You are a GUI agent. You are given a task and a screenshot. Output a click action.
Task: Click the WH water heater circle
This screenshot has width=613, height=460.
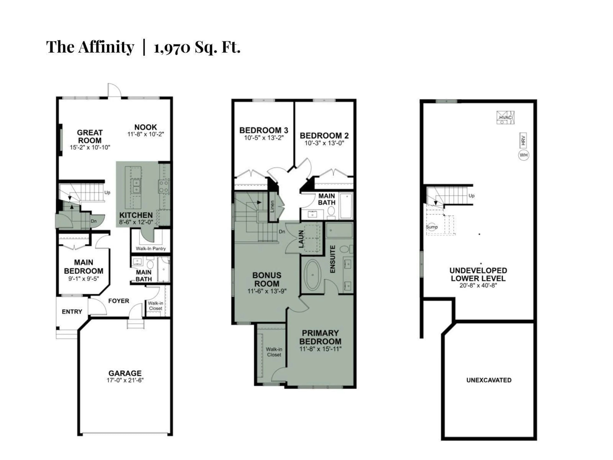pos(523,155)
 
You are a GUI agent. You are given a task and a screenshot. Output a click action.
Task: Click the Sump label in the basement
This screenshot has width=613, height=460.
pos(432,227)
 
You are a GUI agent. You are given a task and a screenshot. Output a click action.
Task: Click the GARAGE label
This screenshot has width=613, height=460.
pos(125,373)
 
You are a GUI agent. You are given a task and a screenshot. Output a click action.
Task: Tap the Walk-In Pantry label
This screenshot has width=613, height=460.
pos(151,248)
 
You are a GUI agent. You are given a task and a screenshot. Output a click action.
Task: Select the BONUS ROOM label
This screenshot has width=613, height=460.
pos(267,280)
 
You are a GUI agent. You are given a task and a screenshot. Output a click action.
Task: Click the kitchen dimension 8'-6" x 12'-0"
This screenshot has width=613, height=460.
pos(136,222)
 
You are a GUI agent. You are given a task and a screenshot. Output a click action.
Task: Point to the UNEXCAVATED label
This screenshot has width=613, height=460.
pos(489,380)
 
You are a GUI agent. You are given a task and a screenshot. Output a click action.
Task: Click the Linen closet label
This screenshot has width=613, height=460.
pos(272,207)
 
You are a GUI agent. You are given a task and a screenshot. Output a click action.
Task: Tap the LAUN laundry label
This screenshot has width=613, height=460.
pos(301,239)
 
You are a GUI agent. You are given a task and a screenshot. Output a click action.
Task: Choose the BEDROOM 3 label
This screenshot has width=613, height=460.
pos(264,130)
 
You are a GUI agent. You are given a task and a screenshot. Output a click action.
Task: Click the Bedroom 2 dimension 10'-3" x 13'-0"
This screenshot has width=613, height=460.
pos(324,143)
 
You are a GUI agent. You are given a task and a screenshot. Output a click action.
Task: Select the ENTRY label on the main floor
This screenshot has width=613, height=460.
pos(72,312)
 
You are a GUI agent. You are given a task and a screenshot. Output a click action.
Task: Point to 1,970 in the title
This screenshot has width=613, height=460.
pos(172,48)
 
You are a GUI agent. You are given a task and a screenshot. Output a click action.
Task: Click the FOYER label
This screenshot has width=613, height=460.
pos(119,301)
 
